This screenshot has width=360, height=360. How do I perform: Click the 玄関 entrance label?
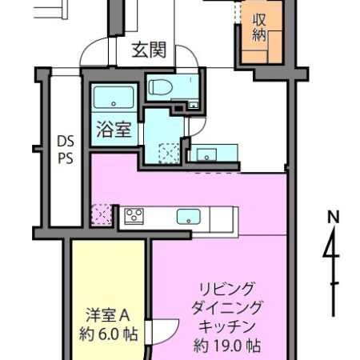tap(149, 51)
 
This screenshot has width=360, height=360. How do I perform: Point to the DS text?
tap(64, 142)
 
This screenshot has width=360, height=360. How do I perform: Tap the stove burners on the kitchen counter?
tap(133, 215)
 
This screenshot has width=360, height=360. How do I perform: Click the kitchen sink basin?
tap(189, 215)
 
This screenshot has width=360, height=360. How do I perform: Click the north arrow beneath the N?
tap(331, 256)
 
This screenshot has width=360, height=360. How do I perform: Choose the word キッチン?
tap(228, 327)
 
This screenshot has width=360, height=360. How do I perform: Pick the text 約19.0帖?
tap(228, 346)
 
